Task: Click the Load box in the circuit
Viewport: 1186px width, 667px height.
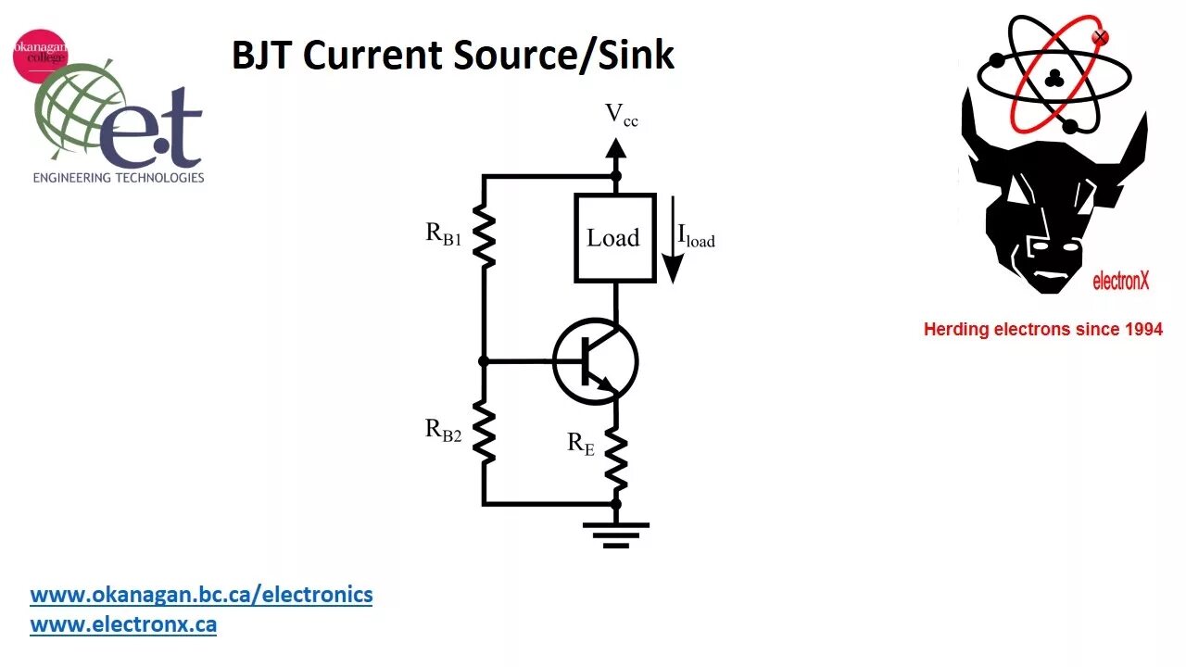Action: [614, 238]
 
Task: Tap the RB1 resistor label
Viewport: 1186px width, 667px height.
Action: [444, 233]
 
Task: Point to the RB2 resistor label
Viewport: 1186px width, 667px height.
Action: [444, 430]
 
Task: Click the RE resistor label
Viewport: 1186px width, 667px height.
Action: [581, 444]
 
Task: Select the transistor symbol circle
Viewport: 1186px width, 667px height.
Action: [596, 362]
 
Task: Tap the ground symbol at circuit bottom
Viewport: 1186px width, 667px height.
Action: [615, 534]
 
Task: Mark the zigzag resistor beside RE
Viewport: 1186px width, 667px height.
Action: [616, 458]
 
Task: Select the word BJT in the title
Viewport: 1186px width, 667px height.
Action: [262, 56]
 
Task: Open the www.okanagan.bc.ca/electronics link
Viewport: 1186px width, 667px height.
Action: [201, 595]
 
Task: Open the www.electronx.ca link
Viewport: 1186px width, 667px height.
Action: [123, 624]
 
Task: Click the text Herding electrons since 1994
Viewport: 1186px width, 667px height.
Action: [1042, 329]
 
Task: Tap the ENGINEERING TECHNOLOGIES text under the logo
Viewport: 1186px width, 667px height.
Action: [119, 177]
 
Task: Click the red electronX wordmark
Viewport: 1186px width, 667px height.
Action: [1120, 281]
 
